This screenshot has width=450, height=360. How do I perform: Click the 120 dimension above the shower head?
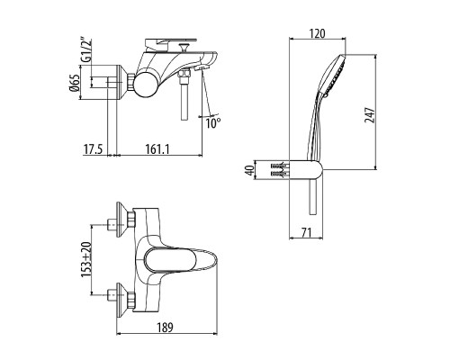318,33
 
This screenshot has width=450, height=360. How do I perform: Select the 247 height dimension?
370,114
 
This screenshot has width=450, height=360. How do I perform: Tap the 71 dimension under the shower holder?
306,232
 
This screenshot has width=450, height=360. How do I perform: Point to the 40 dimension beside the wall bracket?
249,170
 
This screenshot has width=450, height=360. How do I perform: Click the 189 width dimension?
165,328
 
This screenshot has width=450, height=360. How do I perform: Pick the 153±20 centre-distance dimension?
86,260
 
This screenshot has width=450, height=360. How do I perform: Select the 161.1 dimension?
157,149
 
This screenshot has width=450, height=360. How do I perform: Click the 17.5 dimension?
93,149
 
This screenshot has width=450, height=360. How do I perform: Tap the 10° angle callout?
213,123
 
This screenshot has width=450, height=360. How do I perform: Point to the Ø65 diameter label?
75,82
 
